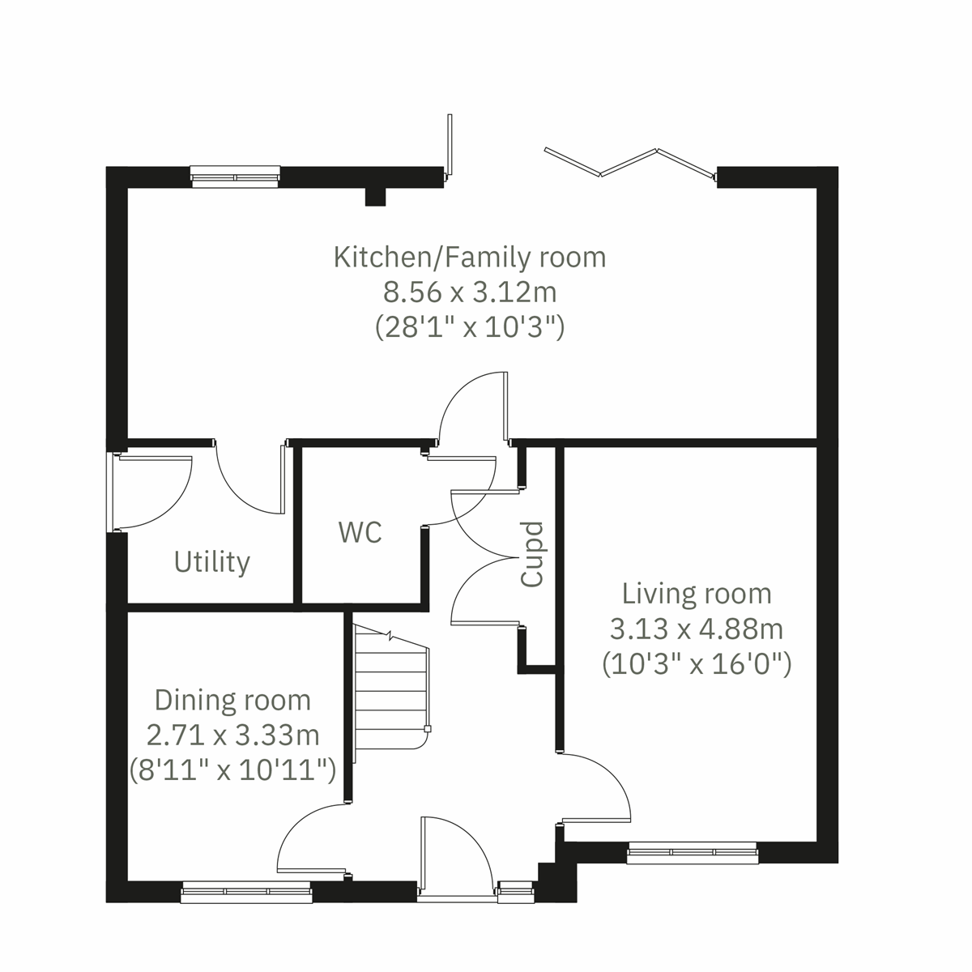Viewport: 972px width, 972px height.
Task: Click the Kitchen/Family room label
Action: [470, 258]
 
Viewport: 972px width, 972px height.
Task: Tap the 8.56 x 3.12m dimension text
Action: [470, 292]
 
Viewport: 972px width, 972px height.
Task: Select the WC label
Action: [360, 532]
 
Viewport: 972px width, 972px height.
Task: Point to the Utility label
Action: [212, 561]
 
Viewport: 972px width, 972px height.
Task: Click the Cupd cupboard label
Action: [532, 554]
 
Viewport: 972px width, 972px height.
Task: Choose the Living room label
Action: [697, 594]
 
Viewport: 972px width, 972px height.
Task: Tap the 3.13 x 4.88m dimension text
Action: [697, 629]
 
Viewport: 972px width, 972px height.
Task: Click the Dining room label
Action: [232, 700]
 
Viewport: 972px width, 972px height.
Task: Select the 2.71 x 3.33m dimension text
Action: [232, 735]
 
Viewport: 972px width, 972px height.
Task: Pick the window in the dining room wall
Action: [246, 892]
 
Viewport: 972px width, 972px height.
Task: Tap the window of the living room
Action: [692, 852]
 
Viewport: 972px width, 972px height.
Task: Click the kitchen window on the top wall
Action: [235, 175]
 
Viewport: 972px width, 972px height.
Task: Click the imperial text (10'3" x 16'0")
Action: [697, 664]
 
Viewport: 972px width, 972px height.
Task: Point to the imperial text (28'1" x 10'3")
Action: [470, 327]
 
